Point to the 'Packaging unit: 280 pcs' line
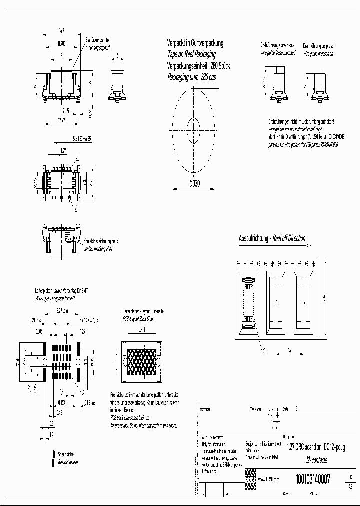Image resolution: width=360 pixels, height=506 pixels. (x=191, y=77)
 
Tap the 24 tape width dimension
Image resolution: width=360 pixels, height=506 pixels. (x=324, y=298)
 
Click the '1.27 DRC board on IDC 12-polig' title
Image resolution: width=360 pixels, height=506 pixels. (x=314, y=448)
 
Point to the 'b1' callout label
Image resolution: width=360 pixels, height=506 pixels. (x=77, y=157)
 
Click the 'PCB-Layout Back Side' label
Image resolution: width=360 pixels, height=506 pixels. (x=138, y=318)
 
